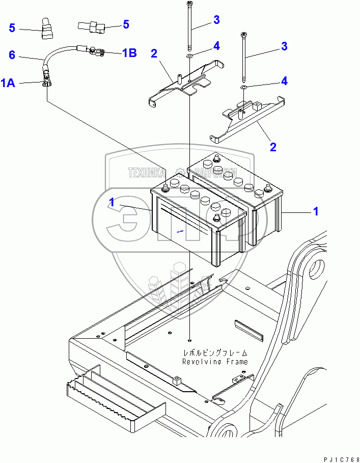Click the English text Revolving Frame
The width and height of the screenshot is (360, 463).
[215, 362]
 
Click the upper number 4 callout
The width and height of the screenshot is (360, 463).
[216, 46]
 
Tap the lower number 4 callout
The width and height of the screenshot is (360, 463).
[284, 80]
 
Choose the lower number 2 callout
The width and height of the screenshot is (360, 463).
[273, 147]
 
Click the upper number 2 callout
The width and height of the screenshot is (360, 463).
[153, 53]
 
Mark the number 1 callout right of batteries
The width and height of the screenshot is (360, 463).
[316, 211]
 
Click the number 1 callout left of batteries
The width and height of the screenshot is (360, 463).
[112, 202]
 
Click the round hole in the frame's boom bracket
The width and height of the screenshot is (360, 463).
[316, 267]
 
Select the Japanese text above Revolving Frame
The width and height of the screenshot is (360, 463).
[215, 352]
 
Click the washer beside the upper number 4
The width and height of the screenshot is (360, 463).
[189, 55]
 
